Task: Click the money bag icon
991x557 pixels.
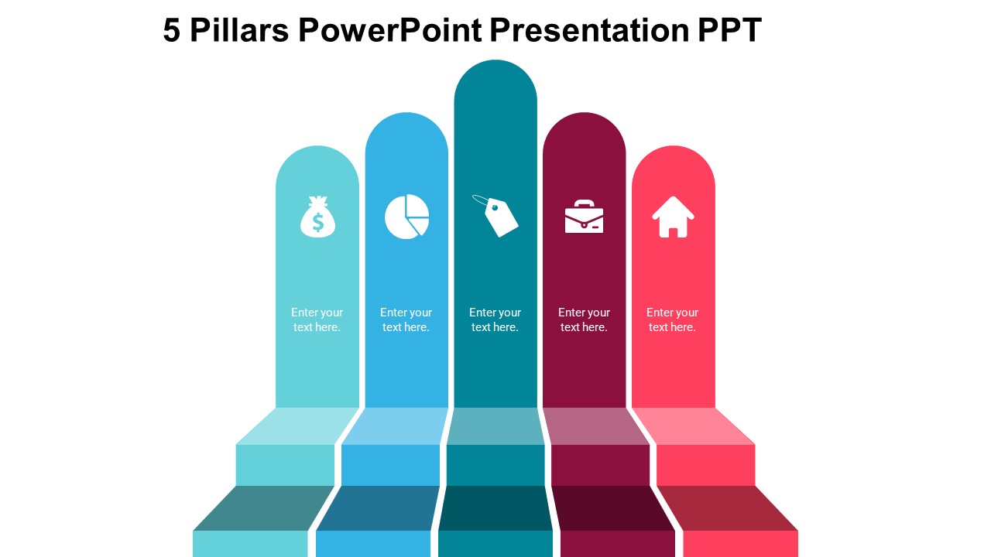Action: (x=317, y=217)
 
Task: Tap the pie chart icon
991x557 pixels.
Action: (x=406, y=217)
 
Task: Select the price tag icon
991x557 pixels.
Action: (x=496, y=215)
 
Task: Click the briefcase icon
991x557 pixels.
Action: (x=584, y=217)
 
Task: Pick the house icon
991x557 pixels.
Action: (x=673, y=217)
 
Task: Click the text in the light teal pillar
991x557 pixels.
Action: (x=317, y=320)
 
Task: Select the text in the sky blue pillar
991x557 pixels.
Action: (x=406, y=320)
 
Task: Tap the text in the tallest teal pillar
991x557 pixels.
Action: (x=495, y=320)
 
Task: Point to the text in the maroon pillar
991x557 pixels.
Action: (x=584, y=320)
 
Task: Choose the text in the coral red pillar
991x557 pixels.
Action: (x=672, y=320)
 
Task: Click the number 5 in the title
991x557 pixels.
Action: (x=172, y=31)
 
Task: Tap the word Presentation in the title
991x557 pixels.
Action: (x=588, y=31)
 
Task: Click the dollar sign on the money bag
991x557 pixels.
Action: (x=317, y=223)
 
